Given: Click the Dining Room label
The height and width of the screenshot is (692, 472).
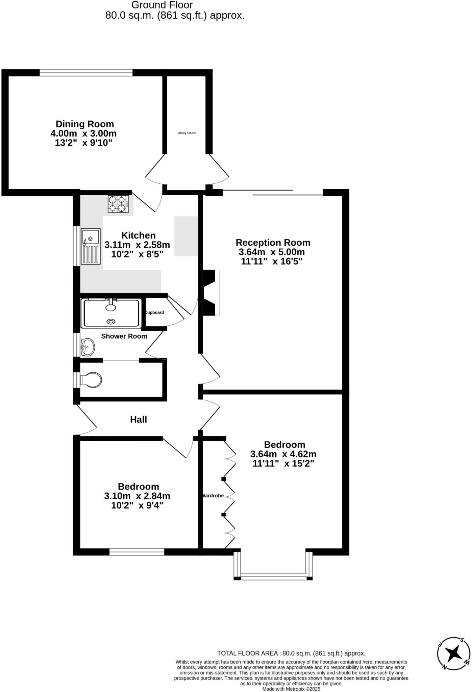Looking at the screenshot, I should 84,124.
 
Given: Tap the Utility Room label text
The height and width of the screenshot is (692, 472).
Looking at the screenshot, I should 187,133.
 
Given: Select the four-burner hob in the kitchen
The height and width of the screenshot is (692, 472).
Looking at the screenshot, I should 118,204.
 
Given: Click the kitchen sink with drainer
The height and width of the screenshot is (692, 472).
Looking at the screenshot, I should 91,246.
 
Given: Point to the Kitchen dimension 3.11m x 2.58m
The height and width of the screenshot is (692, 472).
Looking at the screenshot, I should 137,245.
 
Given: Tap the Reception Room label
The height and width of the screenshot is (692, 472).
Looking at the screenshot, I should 273,243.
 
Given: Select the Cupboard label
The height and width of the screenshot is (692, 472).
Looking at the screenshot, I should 155,313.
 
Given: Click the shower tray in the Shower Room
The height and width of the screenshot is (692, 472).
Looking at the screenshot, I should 111,313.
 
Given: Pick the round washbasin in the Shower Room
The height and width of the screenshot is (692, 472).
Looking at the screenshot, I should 88,347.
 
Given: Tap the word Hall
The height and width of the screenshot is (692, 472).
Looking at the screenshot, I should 139,420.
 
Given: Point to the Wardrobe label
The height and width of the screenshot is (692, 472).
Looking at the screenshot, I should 213,496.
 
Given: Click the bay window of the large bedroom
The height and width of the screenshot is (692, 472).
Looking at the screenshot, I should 273,577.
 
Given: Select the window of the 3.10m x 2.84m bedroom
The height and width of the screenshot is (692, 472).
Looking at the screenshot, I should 137,552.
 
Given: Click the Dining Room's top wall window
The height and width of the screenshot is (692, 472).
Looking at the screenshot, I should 86,72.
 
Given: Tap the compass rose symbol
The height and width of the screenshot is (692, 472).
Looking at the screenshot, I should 453,654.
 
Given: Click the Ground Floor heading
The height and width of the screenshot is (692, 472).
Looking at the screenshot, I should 162,5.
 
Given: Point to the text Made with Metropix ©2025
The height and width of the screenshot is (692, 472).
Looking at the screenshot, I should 291,689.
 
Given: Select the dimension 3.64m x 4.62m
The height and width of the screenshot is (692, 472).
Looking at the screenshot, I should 283,454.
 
